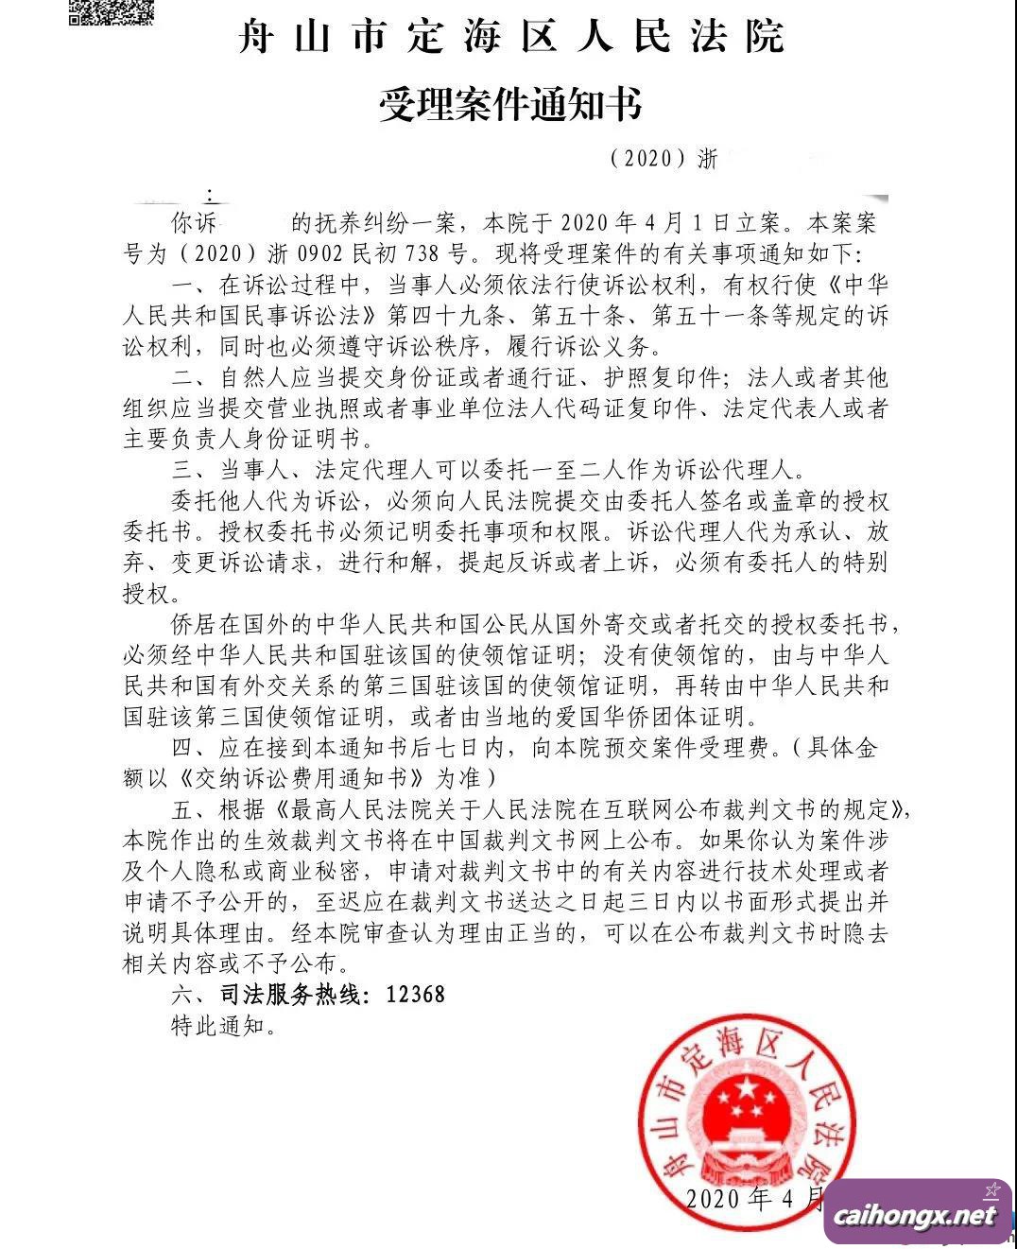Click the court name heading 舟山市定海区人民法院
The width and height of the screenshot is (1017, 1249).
(510, 39)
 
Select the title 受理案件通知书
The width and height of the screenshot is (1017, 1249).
(510, 103)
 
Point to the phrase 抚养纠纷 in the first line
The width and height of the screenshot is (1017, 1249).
(363, 224)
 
